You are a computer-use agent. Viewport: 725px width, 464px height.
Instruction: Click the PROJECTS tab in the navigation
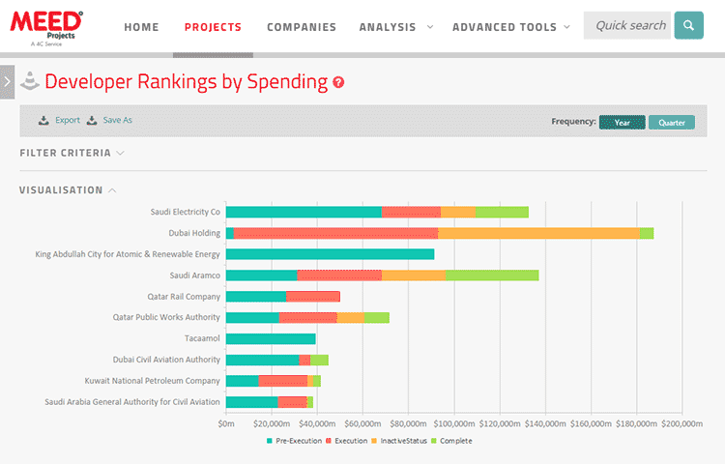(213, 27)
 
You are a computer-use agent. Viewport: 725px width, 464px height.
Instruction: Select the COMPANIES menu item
(302, 27)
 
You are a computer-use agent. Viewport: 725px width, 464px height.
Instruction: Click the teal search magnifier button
(688, 26)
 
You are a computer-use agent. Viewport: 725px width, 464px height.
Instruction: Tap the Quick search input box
(628, 26)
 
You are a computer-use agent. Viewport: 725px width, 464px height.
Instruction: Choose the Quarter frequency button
(672, 123)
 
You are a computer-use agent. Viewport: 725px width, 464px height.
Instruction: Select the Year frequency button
(623, 123)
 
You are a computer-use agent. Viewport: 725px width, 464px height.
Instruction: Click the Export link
(60, 121)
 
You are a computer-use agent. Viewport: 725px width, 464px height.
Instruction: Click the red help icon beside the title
(338, 83)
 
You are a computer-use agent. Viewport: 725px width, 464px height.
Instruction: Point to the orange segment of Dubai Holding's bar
(537, 233)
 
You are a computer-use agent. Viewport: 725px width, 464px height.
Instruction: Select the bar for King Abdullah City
(330, 254)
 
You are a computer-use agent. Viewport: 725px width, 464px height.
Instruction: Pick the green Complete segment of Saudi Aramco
(492, 275)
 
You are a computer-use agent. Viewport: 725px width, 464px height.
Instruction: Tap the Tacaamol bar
(271, 338)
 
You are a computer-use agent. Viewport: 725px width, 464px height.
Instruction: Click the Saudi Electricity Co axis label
(185, 212)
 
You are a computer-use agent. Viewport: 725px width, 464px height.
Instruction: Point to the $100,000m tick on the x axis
(453, 422)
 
